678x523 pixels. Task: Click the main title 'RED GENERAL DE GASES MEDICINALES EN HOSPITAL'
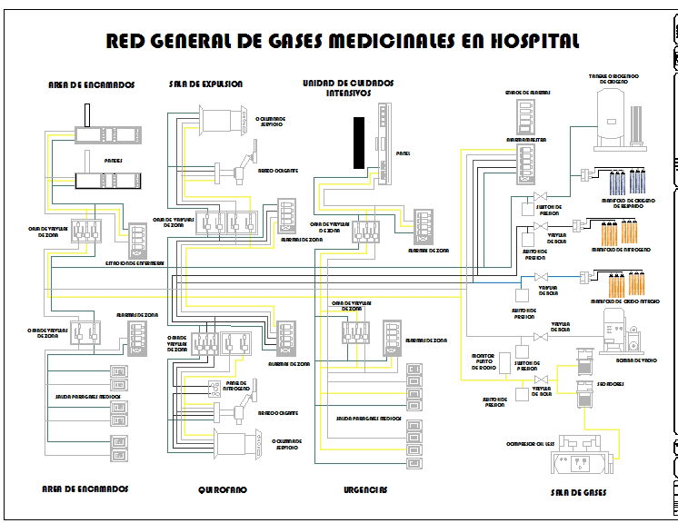click(343, 42)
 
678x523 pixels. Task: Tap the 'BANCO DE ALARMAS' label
click(528, 93)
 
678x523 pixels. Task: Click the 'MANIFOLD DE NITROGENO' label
click(622, 249)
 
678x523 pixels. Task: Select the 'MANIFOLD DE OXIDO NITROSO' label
click(624, 301)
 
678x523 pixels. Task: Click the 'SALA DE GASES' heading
click(578, 493)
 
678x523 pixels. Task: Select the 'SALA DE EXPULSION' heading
click(205, 84)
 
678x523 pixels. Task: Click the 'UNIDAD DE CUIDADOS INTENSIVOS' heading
click(349, 87)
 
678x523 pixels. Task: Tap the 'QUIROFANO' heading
click(222, 489)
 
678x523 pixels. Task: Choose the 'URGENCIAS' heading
click(364, 489)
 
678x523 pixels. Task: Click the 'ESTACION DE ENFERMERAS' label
click(135, 263)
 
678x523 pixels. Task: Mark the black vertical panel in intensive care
click(359, 142)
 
